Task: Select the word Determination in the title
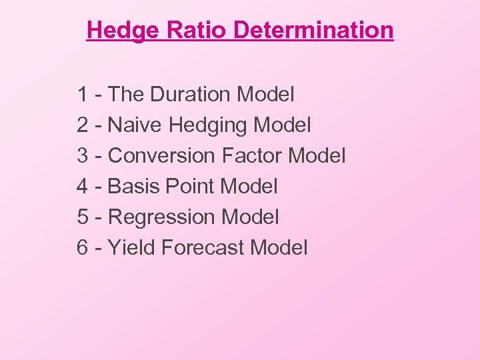coord(314,30)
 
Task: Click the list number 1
coord(83,95)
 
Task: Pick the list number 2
coord(83,125)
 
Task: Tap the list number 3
coord(83,156)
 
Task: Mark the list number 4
coord(83,187)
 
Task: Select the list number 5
coord(83,217)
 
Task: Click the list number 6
coord(83,248)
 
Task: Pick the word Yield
coord(131,248)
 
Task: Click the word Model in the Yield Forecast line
coord(279,248)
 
